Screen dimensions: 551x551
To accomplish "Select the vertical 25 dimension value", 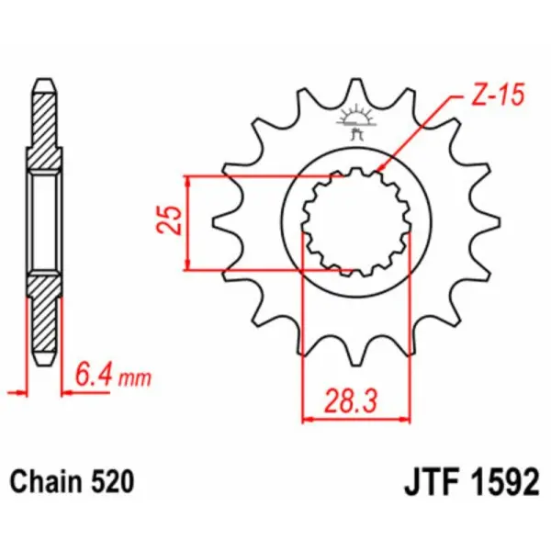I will (x=169, y=221).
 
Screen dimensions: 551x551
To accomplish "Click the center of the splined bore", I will (x=356, y=223).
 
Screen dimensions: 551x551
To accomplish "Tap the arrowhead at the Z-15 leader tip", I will (x=379, y=172).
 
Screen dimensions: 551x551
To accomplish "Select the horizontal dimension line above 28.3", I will (x=355, y=419).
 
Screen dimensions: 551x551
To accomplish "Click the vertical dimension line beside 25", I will (x=188, y=222).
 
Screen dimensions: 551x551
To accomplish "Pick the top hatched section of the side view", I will (x=44, y=129).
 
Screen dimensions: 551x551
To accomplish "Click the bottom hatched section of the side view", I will (x=44, y=317).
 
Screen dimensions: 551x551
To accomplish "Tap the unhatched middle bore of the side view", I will (x=44, y=222).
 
